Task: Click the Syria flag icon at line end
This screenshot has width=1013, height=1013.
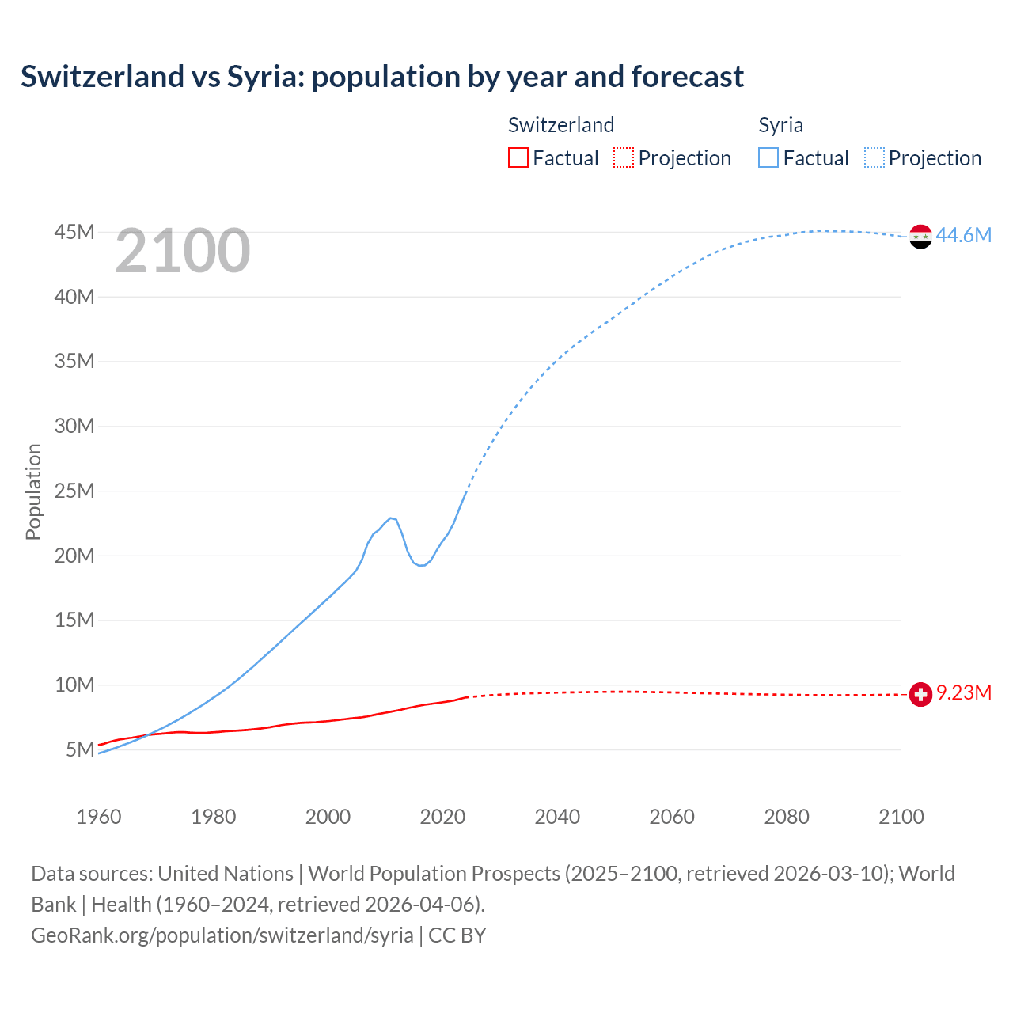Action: click(x=920, y=236)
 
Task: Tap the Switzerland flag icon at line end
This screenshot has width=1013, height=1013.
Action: click(x=920, y=694)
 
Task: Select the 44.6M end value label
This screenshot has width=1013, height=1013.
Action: click(x=963, y=235)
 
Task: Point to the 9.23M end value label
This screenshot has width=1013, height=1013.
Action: click(x=964, y=693)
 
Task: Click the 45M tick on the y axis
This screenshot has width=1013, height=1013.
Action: click(x=74, y=233)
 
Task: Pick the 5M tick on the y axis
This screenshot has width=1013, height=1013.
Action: click(x=80, y=749)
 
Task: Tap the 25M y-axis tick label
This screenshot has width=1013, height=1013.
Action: click(x=74, y=491)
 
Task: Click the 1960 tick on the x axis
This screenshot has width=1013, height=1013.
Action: click(x=99, y=817)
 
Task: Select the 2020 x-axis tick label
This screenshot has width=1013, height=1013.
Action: click(x=442, y=817)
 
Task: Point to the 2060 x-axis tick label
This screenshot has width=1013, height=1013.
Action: click(x=672, y=817)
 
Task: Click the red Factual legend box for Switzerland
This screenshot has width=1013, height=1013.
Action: click(x=518, y=158)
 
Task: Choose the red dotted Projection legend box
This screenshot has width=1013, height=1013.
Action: click(x=624, y=158)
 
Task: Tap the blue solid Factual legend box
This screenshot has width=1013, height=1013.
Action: click(x=768, y=158)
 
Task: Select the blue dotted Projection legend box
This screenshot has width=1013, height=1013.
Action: click(x=875, y=158)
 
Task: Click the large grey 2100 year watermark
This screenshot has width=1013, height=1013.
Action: click(x=183, y=251)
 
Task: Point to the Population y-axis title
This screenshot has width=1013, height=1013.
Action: click(x=33, y=491)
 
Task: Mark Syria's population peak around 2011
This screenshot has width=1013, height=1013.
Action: click(x=391, y=518)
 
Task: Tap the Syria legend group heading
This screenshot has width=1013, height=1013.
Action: click(x=780, y=125)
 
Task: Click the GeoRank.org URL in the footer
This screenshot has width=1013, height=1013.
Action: click(x=222, y=935)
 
